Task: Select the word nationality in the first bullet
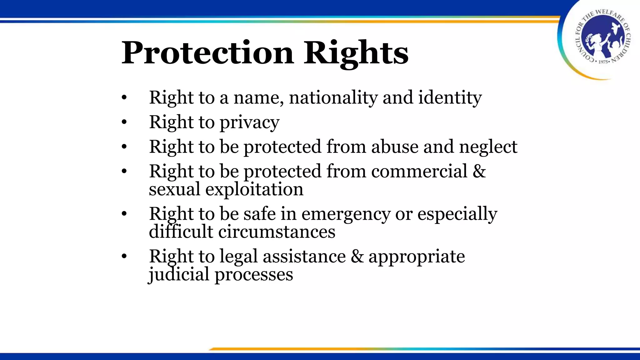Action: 333,97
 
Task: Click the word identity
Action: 450,97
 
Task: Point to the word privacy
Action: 250,122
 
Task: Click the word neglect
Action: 488,147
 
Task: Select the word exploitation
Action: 254,189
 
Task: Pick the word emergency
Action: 346,214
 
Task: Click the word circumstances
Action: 276,232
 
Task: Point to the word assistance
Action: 304,257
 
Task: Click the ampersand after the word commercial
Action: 479,171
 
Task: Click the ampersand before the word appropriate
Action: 357,257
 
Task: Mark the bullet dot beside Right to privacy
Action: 124,122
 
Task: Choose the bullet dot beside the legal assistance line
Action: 124,257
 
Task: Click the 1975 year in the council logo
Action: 603,62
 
